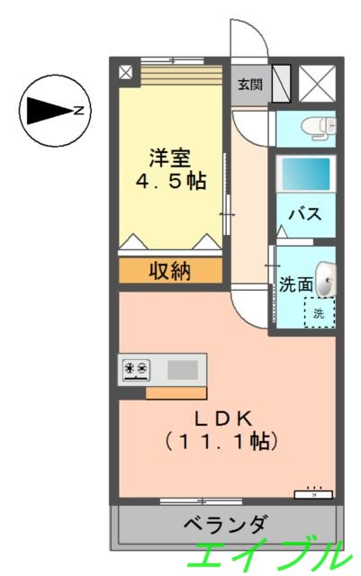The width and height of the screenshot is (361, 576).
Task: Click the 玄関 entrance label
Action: tap(249, 85)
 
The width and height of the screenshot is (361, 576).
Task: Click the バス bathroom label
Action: tap(304, 214)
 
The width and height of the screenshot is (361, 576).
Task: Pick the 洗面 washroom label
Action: tap(295, 284)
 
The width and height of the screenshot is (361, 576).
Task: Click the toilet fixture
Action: tap(318, 127)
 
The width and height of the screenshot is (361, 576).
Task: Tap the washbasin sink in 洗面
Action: tap(328, 280)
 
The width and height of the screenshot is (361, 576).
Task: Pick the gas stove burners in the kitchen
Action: tap(136, 368)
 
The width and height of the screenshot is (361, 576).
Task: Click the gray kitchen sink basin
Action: tap(183, 369)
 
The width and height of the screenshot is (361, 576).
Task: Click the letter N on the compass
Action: tap(79, 112)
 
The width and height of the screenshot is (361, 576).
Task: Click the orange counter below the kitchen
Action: tap(176, 392)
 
